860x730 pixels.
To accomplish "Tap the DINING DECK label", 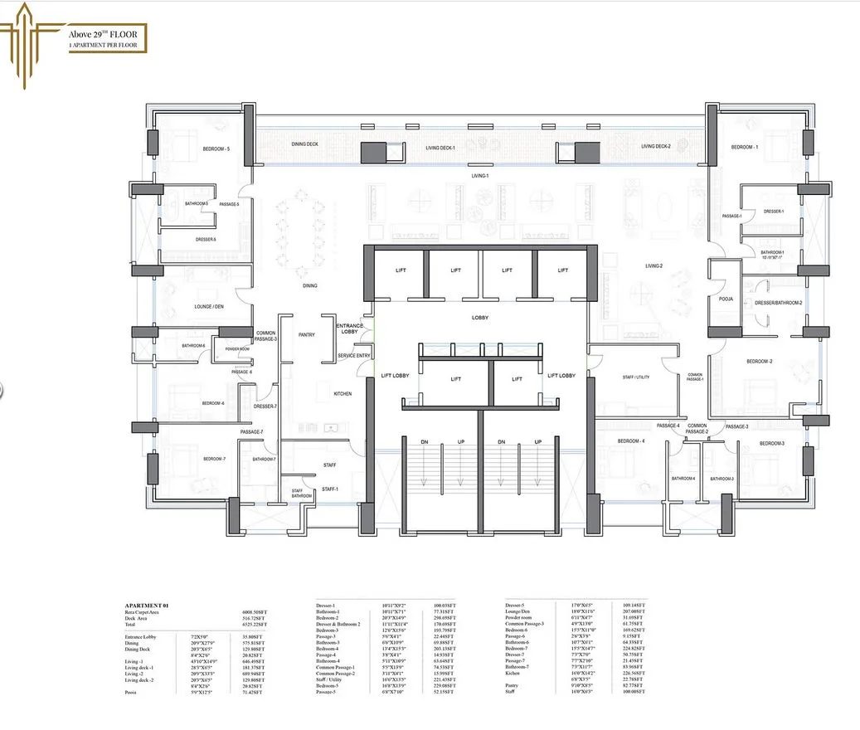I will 304,144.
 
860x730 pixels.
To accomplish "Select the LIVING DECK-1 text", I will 441,147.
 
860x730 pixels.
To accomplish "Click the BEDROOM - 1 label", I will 744,147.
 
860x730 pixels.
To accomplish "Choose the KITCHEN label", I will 343,393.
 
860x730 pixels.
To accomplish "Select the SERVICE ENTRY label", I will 353,356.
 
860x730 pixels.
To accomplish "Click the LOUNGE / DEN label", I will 210,307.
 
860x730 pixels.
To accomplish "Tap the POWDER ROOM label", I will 237,349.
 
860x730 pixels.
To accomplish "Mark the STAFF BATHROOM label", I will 301,494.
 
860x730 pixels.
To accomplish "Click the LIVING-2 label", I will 654,266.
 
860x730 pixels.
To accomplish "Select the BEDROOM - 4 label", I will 631,440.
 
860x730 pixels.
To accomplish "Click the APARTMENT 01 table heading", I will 148,606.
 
